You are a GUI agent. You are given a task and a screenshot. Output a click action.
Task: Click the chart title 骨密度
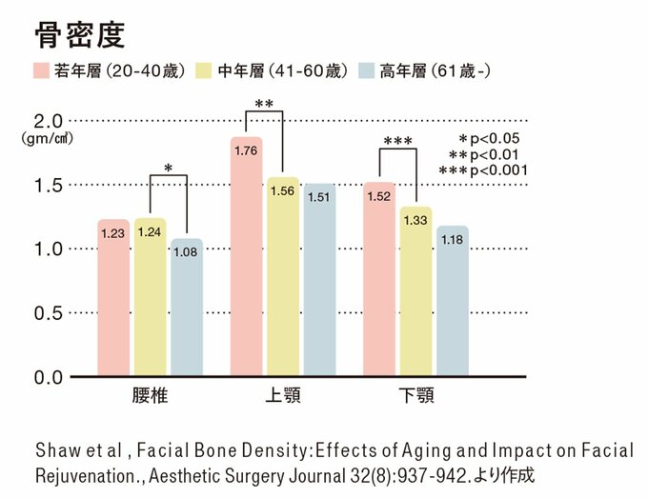click(79, 35)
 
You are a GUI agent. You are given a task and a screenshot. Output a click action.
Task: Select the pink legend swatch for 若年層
click(42, 70)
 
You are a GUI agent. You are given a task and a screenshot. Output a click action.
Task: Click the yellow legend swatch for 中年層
click(205, 70)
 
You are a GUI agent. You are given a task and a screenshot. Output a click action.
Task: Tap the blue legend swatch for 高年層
click(366, 70)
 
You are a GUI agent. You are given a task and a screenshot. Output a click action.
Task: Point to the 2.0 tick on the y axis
click(49, 121)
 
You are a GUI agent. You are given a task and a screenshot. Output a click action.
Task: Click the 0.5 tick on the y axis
click(49, 313)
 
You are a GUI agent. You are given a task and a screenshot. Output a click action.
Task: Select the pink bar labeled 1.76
click(246, 257)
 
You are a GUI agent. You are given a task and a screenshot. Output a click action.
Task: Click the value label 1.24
click(151, 232)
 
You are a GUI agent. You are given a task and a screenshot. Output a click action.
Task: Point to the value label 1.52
click(379, 196)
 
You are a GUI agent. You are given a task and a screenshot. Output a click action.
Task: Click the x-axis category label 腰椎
click(150, 395)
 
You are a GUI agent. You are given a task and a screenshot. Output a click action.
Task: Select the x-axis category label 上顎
click(282, 395)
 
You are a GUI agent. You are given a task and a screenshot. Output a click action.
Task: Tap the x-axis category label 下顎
click(415, 395)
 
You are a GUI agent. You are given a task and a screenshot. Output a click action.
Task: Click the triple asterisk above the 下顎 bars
click(397, 143)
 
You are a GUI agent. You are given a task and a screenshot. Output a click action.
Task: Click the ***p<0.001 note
click(482, 169)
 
